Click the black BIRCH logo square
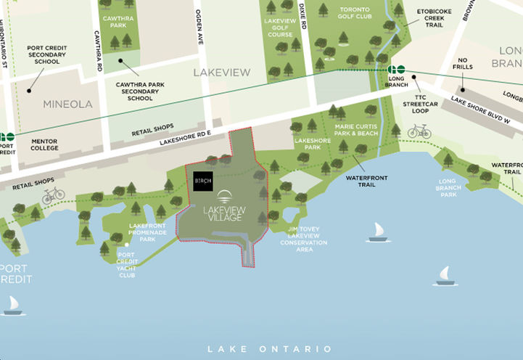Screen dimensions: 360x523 tap(203, 181)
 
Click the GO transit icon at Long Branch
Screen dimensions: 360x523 tap(396, 68)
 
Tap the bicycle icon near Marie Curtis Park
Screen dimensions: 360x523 tap(419, 131)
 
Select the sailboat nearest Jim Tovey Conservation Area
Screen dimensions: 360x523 tap(376, 232)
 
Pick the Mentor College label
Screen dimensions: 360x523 tap(44, 144)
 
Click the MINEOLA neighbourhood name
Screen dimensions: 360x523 tap(67, 104)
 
